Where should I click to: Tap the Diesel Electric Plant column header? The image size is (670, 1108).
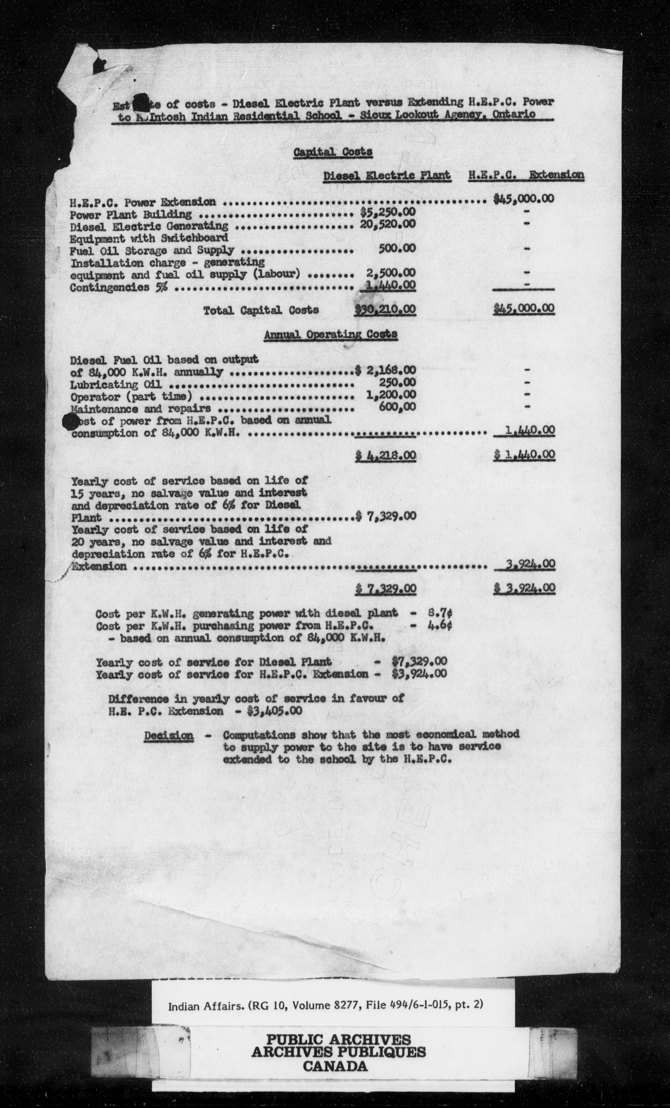(387, 176)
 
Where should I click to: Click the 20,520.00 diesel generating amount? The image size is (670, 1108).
(387, 224)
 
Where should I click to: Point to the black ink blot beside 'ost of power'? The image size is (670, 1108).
(70, 422)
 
